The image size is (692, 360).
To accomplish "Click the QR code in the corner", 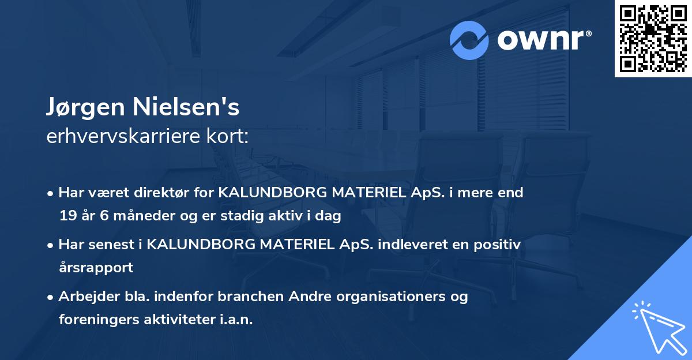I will (653, 38).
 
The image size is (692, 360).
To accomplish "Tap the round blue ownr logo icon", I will (469, 40).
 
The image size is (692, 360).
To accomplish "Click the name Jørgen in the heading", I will (88, 108).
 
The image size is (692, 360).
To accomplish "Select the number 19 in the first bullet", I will (67, 216).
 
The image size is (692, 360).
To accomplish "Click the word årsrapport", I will (96, 268).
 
